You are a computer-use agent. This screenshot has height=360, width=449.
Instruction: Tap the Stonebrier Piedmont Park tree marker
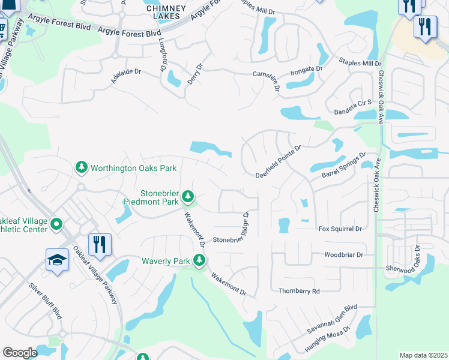(188, 196)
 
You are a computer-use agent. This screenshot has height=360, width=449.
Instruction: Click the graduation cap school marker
(58, 260)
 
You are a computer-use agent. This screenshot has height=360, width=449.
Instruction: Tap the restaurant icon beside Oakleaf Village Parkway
(100, 244)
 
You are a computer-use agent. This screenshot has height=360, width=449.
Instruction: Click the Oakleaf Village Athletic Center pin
(56, 225)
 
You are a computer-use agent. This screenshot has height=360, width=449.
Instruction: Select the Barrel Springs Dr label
(343, 166)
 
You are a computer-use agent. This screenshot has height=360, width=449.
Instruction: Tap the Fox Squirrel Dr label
(340, 229)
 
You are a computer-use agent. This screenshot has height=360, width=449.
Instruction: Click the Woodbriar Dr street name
(344, 254)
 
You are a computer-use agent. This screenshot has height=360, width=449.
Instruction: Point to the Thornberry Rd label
(299, 291)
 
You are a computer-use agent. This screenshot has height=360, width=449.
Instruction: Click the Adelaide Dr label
(125, 75)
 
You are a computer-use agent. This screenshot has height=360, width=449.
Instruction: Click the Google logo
(20, 353)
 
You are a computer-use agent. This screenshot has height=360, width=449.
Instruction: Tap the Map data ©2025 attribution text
(423, 355)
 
